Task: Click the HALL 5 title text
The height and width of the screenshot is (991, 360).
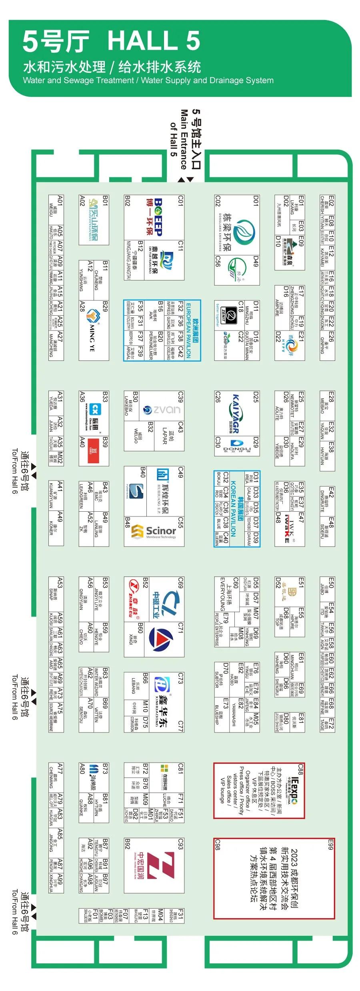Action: coord(154,41)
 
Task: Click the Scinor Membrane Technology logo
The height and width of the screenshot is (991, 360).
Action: coord(156,531)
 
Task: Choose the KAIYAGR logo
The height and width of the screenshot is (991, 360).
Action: coord(236,414)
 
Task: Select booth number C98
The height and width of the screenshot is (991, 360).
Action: coord(218,844)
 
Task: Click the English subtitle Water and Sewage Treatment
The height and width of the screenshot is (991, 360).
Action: coord(78,80)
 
